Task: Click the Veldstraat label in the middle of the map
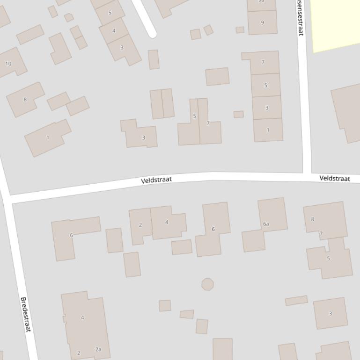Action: point(156,180)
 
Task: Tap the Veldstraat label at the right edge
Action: point(335,179)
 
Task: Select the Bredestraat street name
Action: point(25,315)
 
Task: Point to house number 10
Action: point(8,64)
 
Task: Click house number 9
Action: point(262,22)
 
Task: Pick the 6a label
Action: point(266,224)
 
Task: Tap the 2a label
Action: point(98,349)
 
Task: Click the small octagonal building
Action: point(207,284)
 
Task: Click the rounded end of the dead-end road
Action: point(151,32)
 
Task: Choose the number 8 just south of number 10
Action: point(25,99)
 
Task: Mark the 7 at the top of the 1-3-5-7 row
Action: point(263,62)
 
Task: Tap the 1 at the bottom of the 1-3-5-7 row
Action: point(268,130)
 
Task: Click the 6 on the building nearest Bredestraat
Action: point(71,235)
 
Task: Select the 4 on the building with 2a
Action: point(82,317)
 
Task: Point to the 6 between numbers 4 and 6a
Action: point(213,229)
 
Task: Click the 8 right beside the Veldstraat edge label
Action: point(312,219)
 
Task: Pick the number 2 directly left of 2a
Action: point(79,353)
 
